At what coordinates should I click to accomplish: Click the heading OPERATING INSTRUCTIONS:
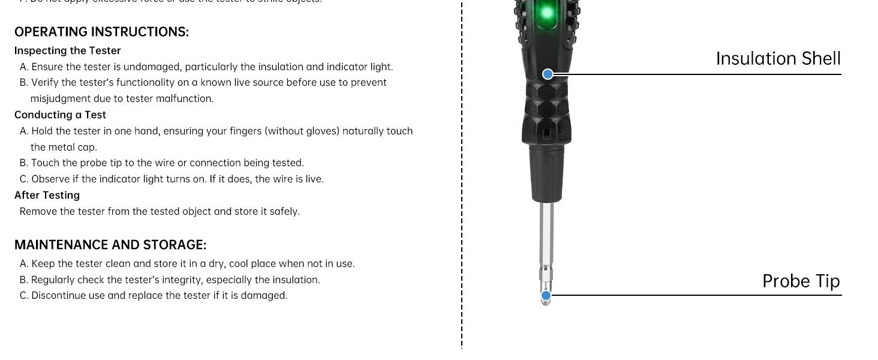101,32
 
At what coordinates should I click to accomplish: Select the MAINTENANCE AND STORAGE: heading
110,245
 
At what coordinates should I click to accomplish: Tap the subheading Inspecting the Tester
68,51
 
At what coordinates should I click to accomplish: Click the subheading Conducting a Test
60,115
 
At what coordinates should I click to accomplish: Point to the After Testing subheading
47,195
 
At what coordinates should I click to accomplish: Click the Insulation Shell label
778,59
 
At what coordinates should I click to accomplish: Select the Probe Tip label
801,281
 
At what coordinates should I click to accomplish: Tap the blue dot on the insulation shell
548,74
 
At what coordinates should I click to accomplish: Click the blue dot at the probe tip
546,295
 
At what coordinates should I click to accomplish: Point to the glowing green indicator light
546,13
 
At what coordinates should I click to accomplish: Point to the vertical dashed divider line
462,180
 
